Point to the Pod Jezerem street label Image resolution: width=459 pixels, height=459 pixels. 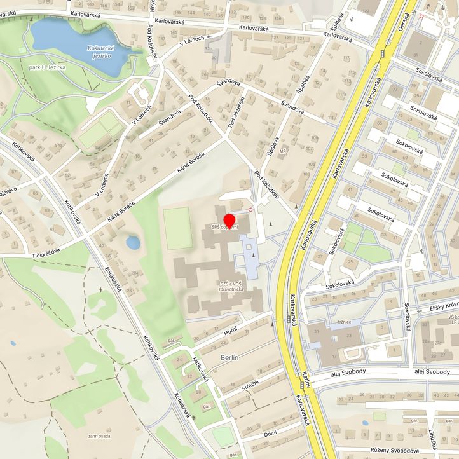coord(236,109)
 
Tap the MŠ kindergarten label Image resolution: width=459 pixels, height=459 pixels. coord(284,152)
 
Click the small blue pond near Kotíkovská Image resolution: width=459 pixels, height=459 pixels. coord(133,242)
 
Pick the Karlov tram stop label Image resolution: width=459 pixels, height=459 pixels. coord(306,380)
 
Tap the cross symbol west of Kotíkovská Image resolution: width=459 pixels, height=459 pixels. coord(100,290)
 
